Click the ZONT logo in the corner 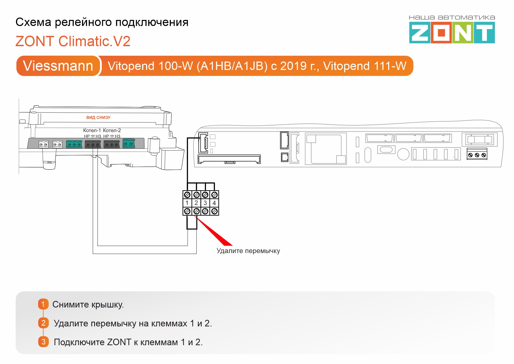tap(452, 32)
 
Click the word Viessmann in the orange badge tap(58, 66)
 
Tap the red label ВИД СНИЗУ tap(98, 117)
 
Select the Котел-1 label tap(92, 130)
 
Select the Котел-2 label tap(112, 130)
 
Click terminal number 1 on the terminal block tap(187, 203)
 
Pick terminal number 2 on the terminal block tap(196, 203)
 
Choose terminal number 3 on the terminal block tap(205, 203)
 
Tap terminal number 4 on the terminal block tap(214, 203)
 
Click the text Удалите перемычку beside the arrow tap(248, 251)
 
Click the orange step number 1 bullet tap(43, 304)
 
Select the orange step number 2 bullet tap(43, 323)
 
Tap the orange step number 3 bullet tap(43, 342)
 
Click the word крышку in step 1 tap(107, 305)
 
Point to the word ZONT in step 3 tap(119, 342)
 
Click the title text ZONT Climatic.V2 tap(73, 41)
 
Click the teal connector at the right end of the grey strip tap(129, 143)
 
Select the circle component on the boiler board tap(403, 154)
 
